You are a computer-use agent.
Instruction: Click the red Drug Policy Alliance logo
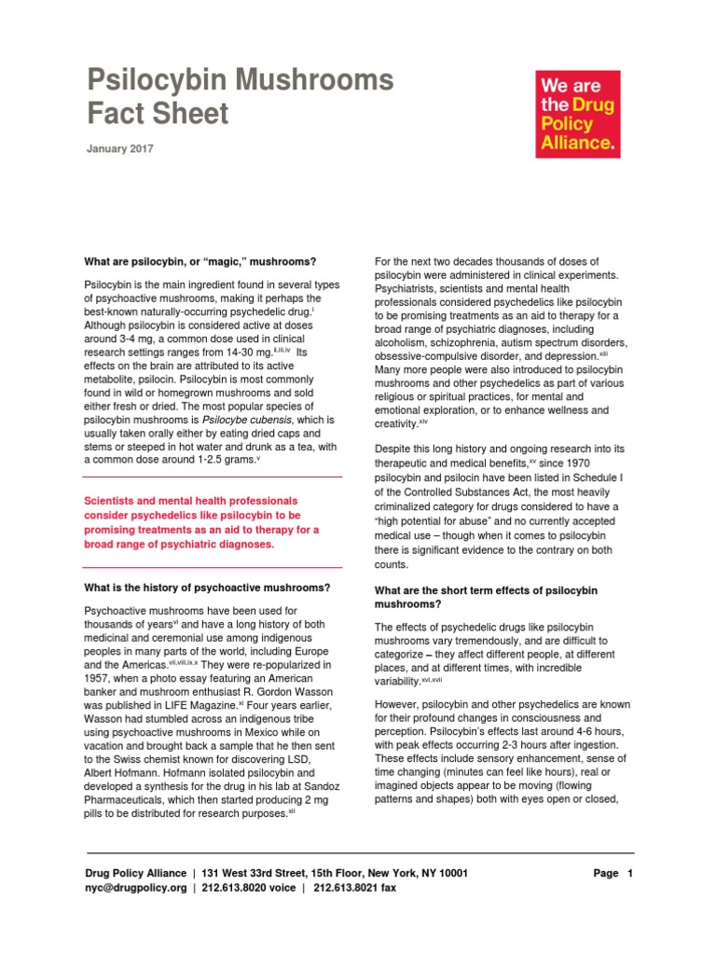tap(577, 114)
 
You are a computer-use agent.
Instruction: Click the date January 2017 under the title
tap(120, 148)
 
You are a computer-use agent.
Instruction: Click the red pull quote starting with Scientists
tap(201, 522)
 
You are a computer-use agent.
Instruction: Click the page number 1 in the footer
tap(630, 874)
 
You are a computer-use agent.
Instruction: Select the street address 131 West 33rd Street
tap(253, 874)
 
